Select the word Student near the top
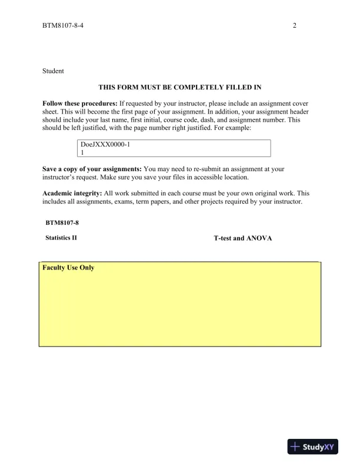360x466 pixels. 53,71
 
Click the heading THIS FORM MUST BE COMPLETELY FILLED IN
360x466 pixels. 179,87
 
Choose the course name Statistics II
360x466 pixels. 61,238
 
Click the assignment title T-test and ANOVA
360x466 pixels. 243,238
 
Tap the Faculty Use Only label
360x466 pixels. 68,268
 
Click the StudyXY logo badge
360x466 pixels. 312,447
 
